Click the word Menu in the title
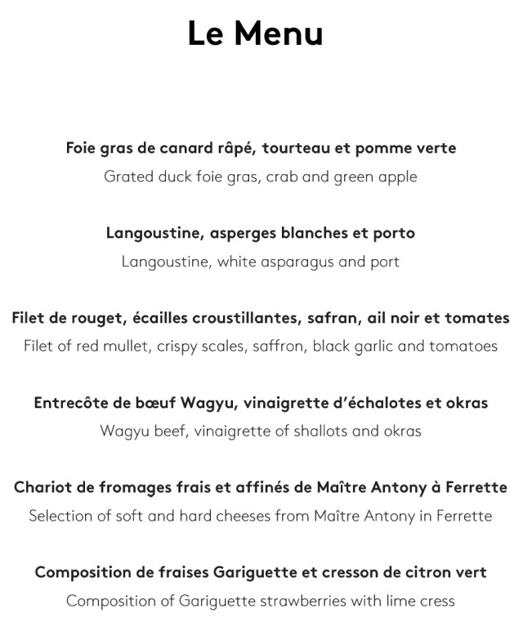[279, 34]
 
